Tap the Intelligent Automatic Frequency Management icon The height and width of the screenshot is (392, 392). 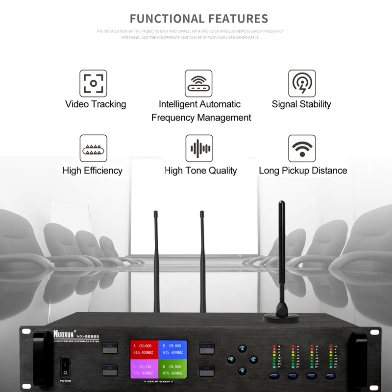[198, 83]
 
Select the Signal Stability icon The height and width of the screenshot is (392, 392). [301, 83]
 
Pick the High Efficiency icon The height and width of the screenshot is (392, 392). [93, 148]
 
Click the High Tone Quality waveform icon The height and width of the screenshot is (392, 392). [199, 148]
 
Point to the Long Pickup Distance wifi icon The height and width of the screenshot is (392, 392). [302, 148]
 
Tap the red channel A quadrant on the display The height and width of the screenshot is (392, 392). [144, 349]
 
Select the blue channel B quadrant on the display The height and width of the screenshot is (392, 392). [173, 349]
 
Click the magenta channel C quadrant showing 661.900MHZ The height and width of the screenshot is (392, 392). [144, 369]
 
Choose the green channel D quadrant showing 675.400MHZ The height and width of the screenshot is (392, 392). [173, 369]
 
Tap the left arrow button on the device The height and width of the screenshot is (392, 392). [231, 360]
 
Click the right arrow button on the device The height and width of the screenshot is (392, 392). [253, 360]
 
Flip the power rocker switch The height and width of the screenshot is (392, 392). [65, 367]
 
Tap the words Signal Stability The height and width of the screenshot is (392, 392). [301, 104]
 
